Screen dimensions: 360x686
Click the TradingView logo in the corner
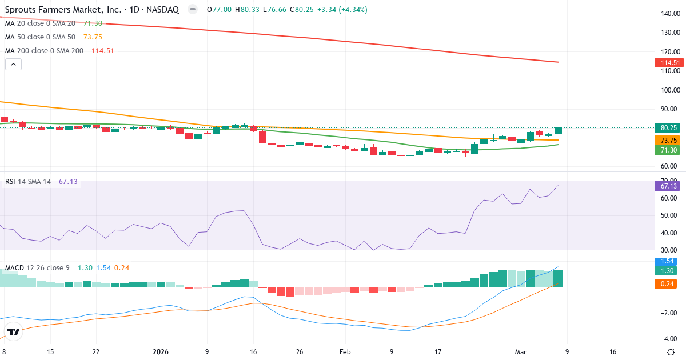14,331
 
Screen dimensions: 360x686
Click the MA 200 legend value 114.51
103,51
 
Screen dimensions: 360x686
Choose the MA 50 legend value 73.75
93,37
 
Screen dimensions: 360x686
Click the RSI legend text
27,182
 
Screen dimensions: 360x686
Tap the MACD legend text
37,268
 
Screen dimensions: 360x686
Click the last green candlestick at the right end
558,131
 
